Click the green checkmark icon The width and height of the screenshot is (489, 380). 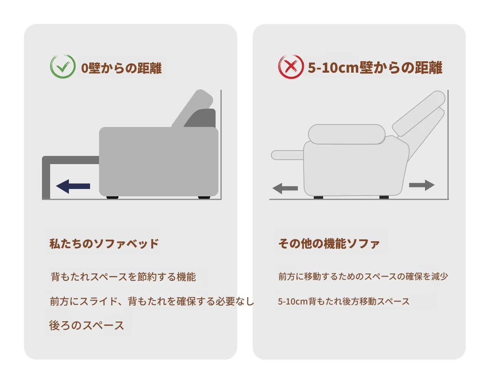tap(63, 67)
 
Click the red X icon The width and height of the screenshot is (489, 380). tap(291, 67)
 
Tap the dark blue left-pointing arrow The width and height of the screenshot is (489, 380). tap(73, 187)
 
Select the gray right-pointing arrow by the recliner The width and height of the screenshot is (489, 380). tap(421, 185)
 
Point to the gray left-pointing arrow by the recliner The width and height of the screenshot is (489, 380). tap(285, 189)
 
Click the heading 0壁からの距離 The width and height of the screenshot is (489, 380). tap(121, 68)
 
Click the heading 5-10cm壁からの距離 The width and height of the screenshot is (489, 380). tap(375, 67)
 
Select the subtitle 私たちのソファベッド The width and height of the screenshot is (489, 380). tap(104, 244)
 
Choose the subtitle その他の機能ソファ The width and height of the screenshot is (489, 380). tap(329, 244)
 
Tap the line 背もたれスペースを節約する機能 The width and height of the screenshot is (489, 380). tap(123, 277)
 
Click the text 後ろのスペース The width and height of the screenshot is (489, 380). tap(87, 325)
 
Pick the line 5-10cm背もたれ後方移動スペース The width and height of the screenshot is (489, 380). tap(344, 301)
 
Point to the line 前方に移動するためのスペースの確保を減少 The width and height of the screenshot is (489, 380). tap(363, 276)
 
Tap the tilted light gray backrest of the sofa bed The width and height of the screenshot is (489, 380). tap(192, 109)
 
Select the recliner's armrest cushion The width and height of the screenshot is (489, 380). tap(347, 134)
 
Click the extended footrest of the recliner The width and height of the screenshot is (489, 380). tap(288, 155)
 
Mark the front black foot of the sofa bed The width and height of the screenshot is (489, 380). tap(112, 198)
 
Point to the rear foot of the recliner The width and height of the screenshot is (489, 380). tap(384, 197)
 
